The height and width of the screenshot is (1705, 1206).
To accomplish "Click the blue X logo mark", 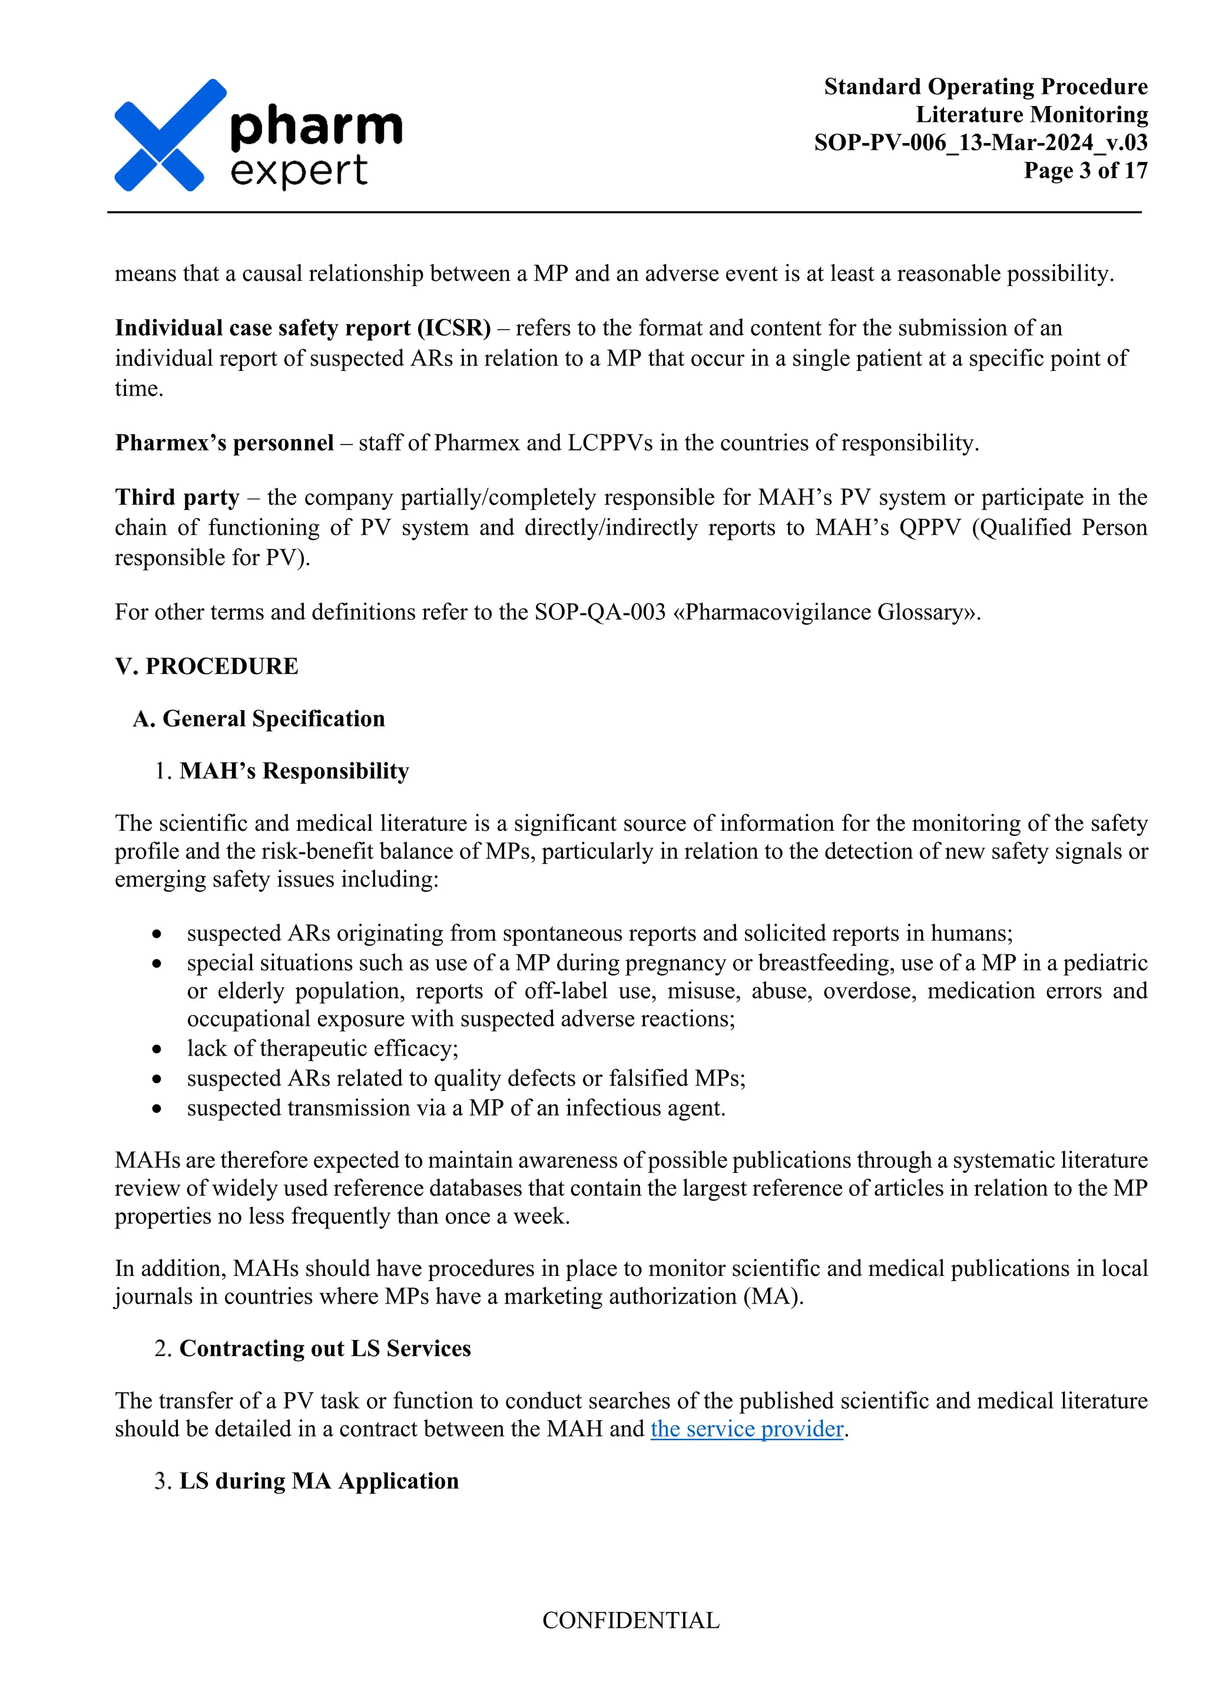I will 165,136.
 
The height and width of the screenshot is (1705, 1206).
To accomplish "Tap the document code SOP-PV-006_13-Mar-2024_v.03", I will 980,142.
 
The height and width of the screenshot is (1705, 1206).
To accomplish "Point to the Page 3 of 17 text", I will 1085,170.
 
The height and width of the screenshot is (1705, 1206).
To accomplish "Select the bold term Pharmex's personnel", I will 224,443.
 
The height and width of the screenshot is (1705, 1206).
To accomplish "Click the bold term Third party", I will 177,497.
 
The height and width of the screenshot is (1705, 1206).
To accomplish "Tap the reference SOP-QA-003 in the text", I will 599,612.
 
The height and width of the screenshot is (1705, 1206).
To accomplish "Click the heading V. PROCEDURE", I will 207,666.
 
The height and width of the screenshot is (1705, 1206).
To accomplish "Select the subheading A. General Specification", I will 259,718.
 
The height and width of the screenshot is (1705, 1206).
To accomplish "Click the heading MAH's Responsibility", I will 294,771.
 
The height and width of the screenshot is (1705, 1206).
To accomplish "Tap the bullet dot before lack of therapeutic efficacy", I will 157,1049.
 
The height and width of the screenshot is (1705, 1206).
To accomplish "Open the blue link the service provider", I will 746,1428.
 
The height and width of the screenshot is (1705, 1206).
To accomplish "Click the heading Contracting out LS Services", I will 324,1348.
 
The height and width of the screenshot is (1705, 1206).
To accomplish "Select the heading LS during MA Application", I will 319,1480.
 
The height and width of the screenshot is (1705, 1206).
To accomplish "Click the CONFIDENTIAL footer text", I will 631,1620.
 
